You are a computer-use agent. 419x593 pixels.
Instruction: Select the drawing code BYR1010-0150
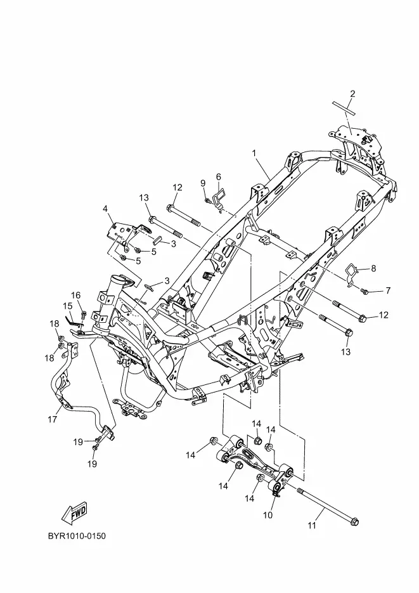pyautogui.click(x=77, y=536)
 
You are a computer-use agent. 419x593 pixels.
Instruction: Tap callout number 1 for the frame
pyautogui.click(x=254, y=153)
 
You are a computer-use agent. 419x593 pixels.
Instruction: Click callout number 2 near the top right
pyautogui.click(x=352, y=94)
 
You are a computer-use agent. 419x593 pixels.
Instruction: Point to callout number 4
pyautogui.click(x=105, y=209)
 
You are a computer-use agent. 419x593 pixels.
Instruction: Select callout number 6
pyautogui.click(x=219, y=177)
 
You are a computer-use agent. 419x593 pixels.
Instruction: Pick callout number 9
pyautogui.click(x=203, y=183)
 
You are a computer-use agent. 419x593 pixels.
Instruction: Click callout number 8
pyautogui.click(x=373, y=268)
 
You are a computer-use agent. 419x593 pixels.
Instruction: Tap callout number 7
pyautogui.click(x=388, y=290)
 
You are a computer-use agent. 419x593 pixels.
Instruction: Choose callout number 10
pyautogui.click(x=268, y=515)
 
